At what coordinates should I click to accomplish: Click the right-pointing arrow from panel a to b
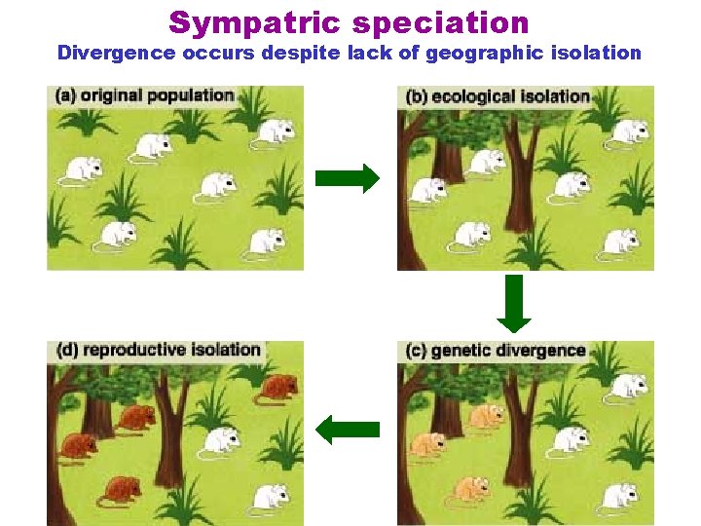pos(347,178)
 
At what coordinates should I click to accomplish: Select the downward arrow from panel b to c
pos(514,303)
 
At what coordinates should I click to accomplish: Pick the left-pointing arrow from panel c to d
pos(348,429)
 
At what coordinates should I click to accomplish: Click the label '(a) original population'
pos(145,95)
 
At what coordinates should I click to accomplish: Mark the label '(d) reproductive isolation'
pos(159,350)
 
